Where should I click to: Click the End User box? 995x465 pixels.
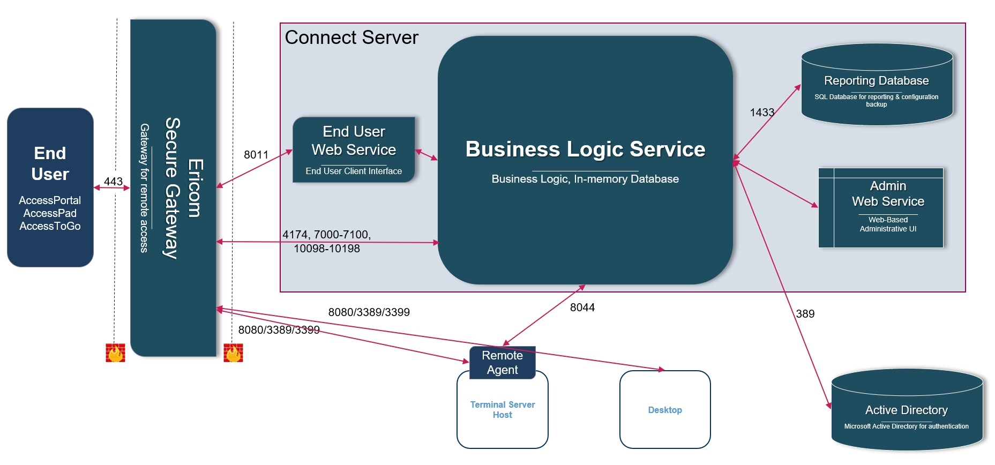click(x=50, y=187)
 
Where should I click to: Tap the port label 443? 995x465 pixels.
click(x=113, y=182)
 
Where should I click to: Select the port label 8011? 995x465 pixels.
click(x=256, y=155)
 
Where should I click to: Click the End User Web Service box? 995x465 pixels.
click(x=354, y=150)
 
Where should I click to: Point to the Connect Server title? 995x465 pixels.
click(x=351, y=37)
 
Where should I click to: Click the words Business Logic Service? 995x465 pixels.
click(x=585, y=149)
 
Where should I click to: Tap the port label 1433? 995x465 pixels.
click(x=762, y=112)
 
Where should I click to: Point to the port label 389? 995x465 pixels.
click(x=805, y=314)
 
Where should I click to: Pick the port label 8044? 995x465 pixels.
click(x=582, y=307)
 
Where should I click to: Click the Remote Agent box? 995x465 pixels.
click(x=502, y=363)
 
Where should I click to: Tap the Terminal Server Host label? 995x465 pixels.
click(x=503, y=410)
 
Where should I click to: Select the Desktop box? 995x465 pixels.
click(x=665, y=410)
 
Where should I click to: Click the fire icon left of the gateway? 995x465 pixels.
click(x=115, y=353)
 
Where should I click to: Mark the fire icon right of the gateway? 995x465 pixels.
click(x=233, y=353)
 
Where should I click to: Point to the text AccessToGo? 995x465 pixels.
click(x=50, y=226)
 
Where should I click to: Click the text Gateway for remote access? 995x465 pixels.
click(x=144, y=187)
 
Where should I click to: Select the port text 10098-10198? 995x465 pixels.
click(x=327, y=249)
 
